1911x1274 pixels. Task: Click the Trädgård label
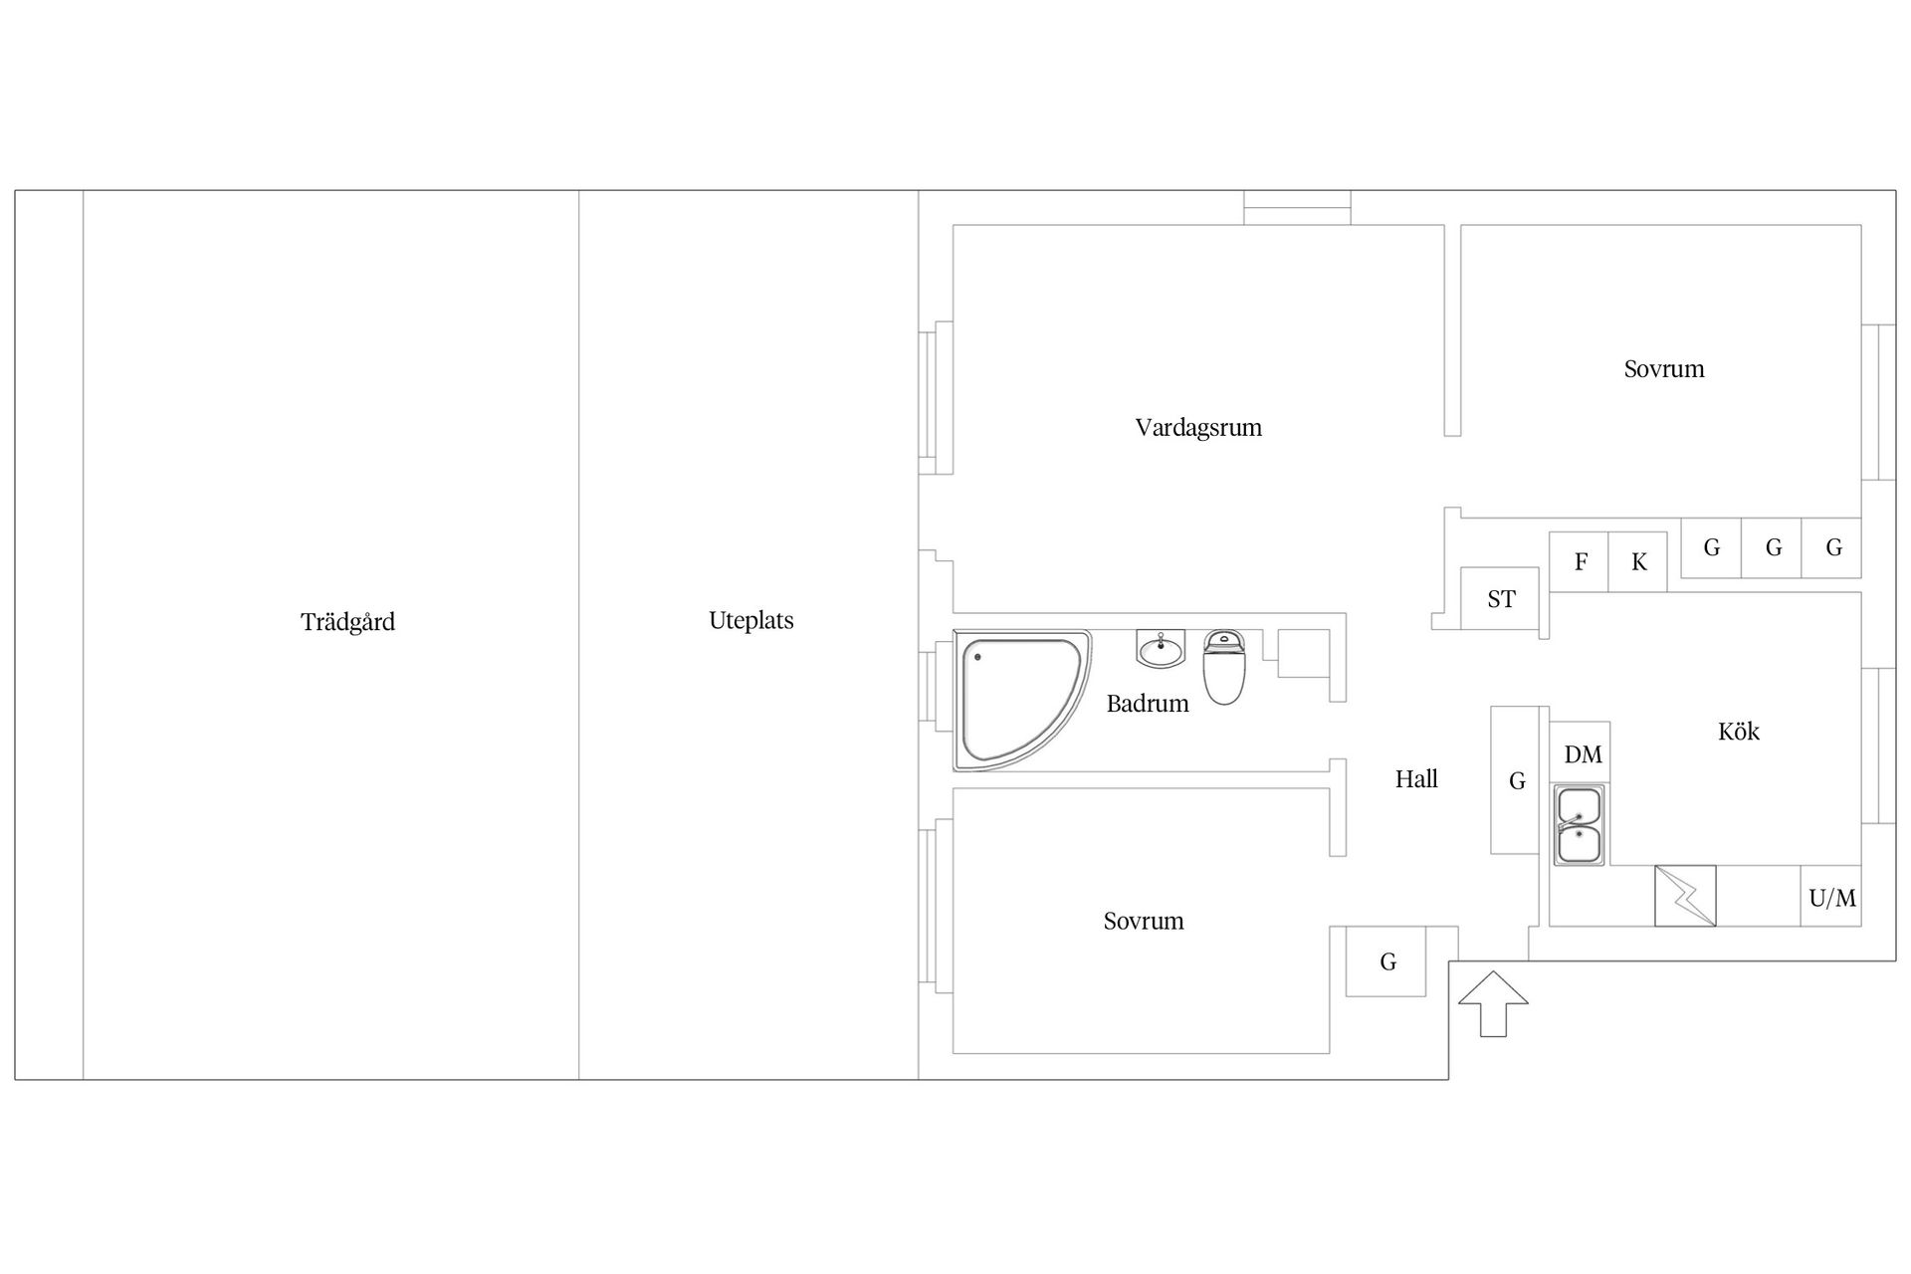pos(347,622)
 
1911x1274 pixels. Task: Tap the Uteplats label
pos(750,620)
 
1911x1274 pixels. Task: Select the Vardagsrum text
pos(1198,428)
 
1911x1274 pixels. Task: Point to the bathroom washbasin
pos(1161,649)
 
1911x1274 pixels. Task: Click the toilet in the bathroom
pos(1224,667)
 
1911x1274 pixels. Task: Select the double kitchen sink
pos(1579,825)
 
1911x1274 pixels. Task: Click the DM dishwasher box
pos(1582,753)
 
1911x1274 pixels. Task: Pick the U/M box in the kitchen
pos(1831,898)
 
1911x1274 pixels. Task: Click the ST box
pos(1501,599)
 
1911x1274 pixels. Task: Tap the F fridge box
pos(1580,562)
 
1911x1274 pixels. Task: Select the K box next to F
pos(1638,562)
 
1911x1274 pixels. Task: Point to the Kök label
pos(1738,732)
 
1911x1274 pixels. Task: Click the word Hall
pos(1415,779)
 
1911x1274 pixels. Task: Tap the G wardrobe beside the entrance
pos(1386,961)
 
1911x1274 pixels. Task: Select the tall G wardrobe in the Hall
pos(1516,780)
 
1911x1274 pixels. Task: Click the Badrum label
pos(1147,704)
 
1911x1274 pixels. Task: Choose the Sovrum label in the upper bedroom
pos(1663,369)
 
